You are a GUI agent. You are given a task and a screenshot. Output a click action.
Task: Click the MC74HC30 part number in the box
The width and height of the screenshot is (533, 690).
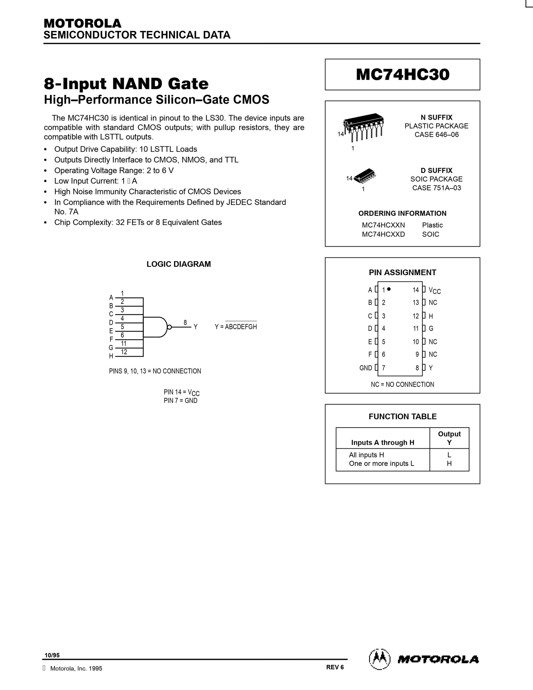(x=402, y=75)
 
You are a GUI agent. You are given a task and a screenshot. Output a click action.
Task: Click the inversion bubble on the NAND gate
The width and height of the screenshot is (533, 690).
(x=169, y=327)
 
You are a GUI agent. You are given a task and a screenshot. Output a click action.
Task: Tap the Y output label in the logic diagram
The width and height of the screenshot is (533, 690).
(x=196, y=327)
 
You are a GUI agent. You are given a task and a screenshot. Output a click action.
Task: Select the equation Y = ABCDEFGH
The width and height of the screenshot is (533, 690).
(x=236, y=327)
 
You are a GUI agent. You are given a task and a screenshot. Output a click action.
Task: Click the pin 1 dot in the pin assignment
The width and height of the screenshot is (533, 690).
(x=389, y=289)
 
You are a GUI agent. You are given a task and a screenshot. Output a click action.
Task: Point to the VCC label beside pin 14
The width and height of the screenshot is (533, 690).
(x=434, y=290)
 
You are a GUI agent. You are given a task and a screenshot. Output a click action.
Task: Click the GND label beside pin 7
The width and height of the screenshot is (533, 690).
(x=366, y=368)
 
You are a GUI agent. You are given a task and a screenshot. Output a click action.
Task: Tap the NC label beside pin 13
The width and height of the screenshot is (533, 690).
(x=433, y=303)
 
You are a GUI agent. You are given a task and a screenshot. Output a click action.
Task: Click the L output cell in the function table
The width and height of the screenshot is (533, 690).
(x=449, y=455)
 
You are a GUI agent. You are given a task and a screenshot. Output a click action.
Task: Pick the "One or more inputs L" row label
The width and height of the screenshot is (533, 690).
(x=381, y=464)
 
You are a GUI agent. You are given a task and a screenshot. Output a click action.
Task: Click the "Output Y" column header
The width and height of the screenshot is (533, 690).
(x=449, y=438)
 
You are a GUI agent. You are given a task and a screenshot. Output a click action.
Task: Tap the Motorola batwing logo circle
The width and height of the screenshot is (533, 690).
(x=380, y=659)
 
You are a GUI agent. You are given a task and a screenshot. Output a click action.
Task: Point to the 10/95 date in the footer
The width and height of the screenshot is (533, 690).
(x=52, y=655)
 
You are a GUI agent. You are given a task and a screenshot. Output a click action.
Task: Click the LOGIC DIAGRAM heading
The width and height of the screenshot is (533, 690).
(x=178, y=264)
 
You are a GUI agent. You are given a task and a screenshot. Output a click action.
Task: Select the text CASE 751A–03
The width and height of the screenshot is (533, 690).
(x=436, y=188)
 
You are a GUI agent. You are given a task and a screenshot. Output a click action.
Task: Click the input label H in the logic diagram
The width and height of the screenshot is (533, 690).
(x=111, y=356)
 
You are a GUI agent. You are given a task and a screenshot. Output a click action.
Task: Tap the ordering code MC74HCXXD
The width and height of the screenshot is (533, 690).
(x=383, y=234)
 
